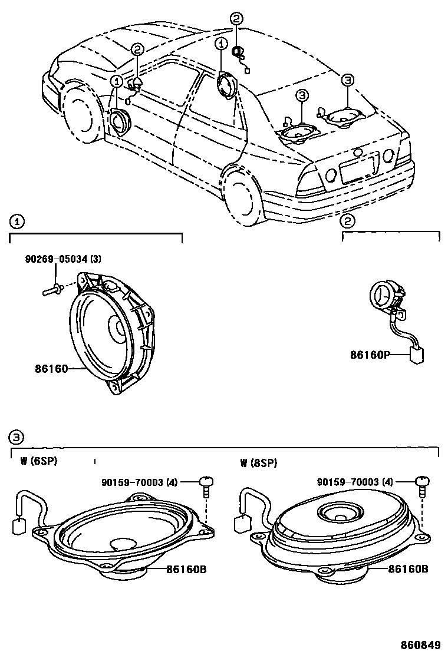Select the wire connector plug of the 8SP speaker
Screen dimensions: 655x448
(x=242, y=523)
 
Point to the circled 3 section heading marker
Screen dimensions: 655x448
(x=17, y=436)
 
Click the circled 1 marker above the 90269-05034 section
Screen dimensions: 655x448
(x=17, y=221)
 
